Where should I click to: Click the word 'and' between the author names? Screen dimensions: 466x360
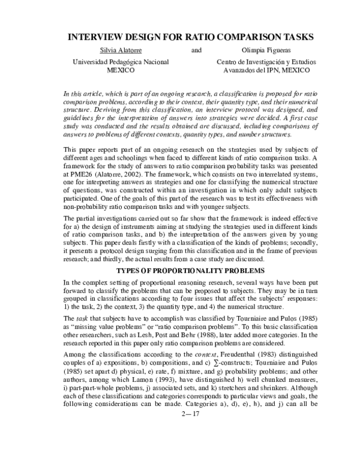196,50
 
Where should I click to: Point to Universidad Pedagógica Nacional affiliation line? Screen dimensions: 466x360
120,62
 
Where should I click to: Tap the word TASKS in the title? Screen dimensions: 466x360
296,37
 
